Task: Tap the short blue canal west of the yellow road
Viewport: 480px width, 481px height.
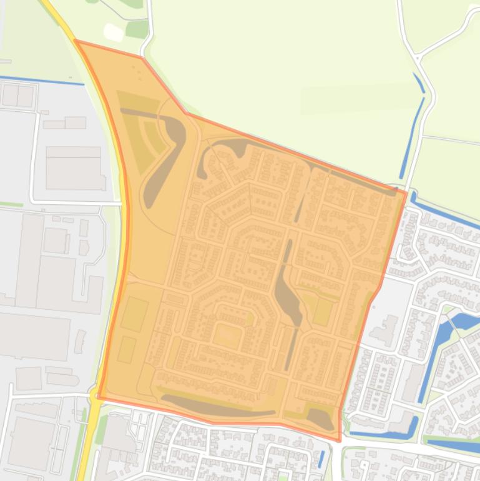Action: [41, 80]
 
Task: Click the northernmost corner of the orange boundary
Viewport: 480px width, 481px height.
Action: [76, 41]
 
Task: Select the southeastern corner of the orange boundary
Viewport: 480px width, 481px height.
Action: [340, 440]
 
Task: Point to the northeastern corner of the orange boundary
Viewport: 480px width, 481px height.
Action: [406, 191]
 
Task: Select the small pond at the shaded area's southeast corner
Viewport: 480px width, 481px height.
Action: [320, 417]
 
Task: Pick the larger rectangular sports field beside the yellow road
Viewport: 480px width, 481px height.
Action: [134, 314]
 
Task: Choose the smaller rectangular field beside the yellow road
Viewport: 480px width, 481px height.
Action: [127, 349]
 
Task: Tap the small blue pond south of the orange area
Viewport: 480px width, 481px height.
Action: [321, 459]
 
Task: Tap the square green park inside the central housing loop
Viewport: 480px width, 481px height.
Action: [226, 335]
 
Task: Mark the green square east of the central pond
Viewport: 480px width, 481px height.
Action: [323, 312]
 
